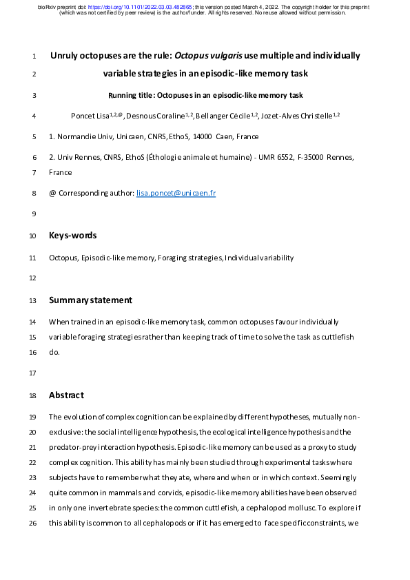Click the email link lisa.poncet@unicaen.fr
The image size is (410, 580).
click(176, 194)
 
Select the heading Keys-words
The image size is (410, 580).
click(72, 236)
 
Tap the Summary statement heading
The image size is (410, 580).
click(90, 300)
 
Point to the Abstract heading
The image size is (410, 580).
click(66, 395)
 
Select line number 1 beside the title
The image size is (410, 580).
click(34, 56)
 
